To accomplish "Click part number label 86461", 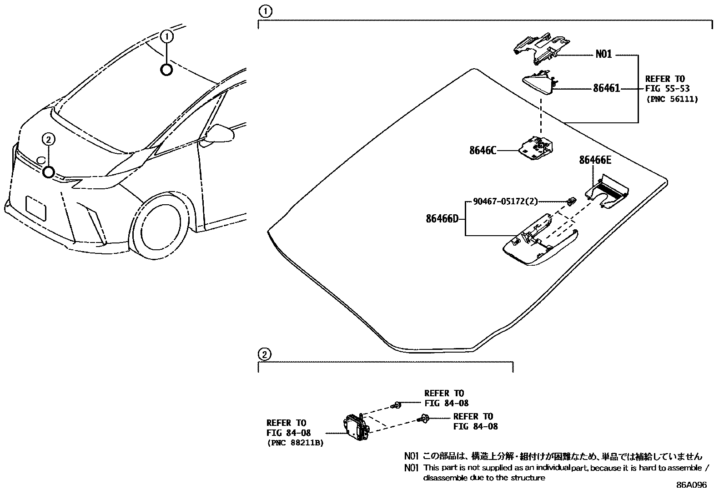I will pyautogui.click(x=606, y=89).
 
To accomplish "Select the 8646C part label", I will pyautogui.click(x=483, y=150).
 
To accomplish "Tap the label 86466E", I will pyautogui.click(x=595, y=160).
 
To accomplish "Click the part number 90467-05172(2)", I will pyautogui.click(x=505, y=201).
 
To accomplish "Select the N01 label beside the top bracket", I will pyautogui.click(x=603, y=55).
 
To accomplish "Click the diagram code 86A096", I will pyautogui.click(x=691, y=485).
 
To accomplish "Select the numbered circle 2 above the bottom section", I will pyautogui.click(x=265, y=354).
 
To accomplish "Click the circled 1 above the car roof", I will pyautogui.click(x=167, y=36).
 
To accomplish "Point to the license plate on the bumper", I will pyautogui.click(x=36, y=209).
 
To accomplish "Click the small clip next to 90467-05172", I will pyautogui.click(x=571, y=200).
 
